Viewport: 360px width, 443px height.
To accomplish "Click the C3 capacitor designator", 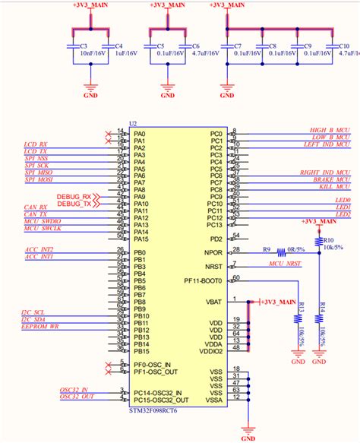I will click(x=83, y=46).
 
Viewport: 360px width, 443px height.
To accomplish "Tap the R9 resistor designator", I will click(x=267, y=250).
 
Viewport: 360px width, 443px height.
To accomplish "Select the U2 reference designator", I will click(x=134, y=123).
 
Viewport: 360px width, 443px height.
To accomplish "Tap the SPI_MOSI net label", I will click(x=38, y=179).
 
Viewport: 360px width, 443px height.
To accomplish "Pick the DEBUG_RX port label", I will click(x=74, y=197).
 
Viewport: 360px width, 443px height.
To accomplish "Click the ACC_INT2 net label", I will click(x=39, y=249).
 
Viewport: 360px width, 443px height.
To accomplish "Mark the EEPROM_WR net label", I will click(x=41, y=328).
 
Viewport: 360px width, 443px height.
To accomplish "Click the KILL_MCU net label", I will click(x=334, y=186).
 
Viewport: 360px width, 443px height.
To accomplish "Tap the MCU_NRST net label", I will click(x=286, y=264).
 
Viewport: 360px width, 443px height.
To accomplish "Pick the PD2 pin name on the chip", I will click(x=216, y=239).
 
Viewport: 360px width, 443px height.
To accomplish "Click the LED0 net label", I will click(x=342, y=200).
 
